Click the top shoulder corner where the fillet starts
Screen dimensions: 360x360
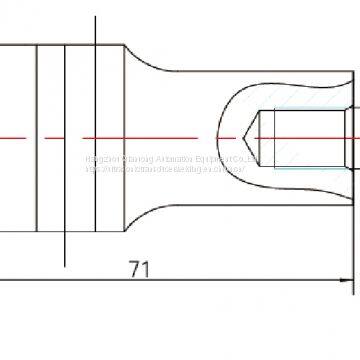pos(126,44)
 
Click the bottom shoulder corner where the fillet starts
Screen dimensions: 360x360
pos(126,226)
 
